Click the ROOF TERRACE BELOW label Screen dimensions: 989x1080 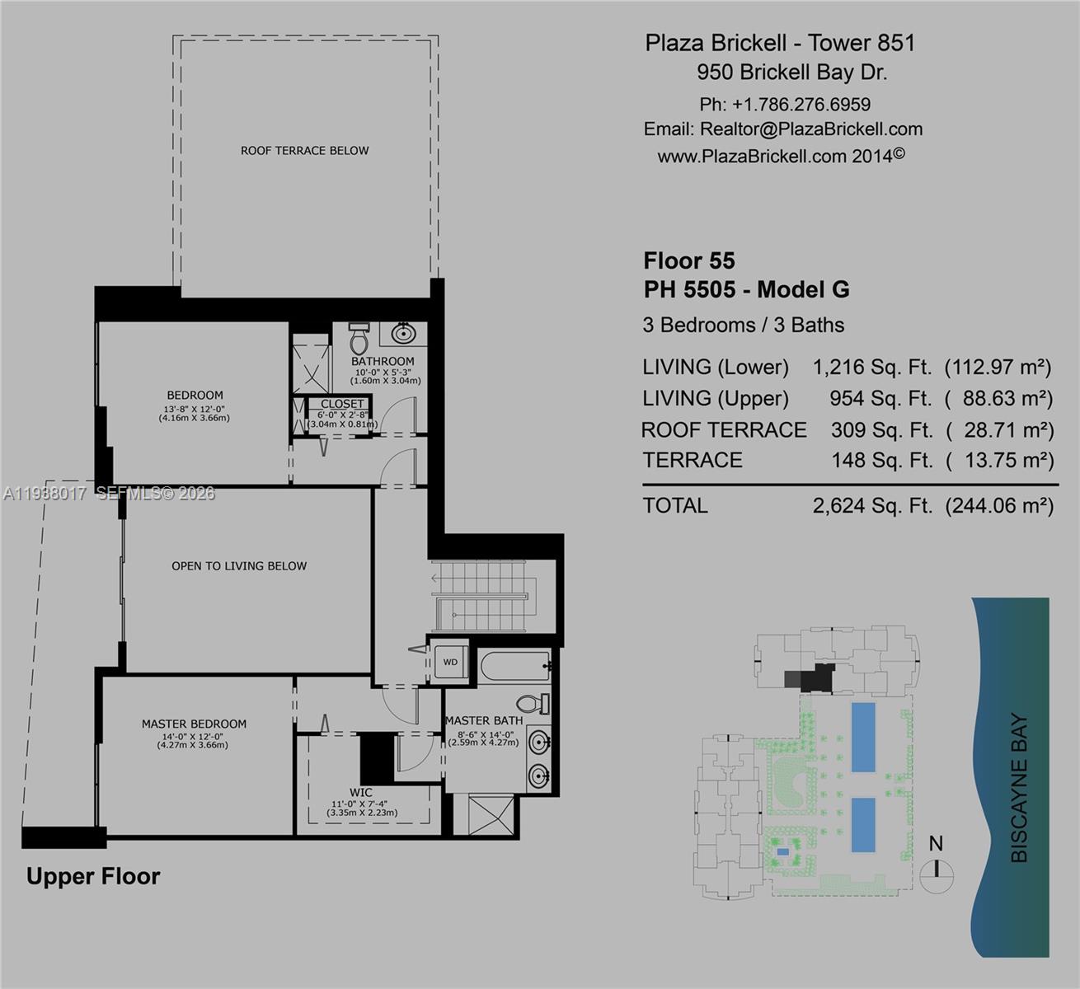coord(304,151)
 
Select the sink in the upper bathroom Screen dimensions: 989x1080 coord(403,334)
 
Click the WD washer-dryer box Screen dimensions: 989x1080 coord(450,662)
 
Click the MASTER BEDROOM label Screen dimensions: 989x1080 coord(194,724)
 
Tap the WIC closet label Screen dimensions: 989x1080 coord(361,793)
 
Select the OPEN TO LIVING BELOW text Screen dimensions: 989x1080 coord(239,566)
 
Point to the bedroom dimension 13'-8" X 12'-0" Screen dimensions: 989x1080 coord(195,409)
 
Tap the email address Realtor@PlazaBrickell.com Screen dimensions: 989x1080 coord(811,129)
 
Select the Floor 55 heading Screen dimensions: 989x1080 coord(688,261)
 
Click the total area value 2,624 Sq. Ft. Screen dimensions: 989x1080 coord(872,505)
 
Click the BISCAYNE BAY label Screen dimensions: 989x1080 coord(1019,788)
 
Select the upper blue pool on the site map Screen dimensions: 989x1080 coord(862,737)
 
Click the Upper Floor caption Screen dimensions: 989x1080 coord(93,876)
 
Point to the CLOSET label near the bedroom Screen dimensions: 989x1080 coord(342,404)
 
